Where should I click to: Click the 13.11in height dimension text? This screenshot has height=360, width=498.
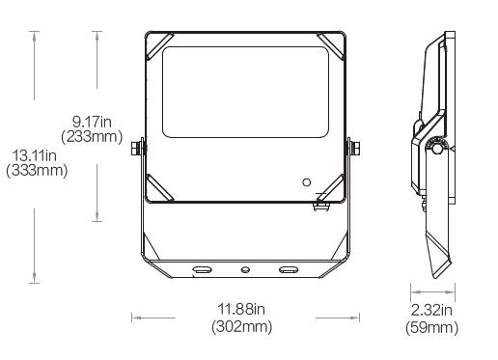34,156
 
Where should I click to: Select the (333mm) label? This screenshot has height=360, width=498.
37,170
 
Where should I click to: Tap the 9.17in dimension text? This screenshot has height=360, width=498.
92,122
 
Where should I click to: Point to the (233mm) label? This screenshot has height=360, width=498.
92,136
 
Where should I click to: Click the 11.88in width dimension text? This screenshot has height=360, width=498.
241,310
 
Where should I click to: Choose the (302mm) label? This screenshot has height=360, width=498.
242,326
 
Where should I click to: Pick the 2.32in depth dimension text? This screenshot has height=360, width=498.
431,311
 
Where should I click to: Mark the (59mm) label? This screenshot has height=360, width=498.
432,328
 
